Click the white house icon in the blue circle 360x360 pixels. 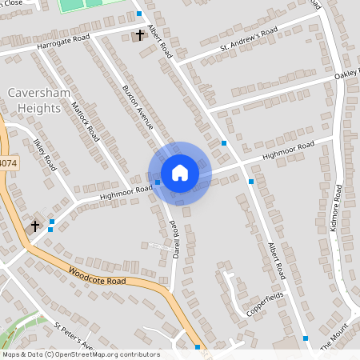tap(180, 173)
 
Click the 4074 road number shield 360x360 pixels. tap(6, 162)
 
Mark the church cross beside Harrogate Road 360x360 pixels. tap(140, 35)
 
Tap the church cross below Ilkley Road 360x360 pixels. tap(35, 226)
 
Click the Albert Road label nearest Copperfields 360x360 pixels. tap(277, 261)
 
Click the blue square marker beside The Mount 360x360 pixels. tap(306, 338)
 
